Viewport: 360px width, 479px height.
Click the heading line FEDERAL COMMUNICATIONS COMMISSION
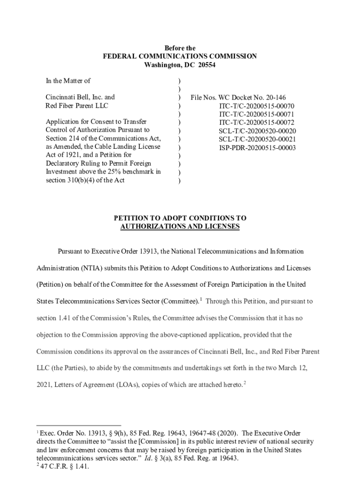point(180,57)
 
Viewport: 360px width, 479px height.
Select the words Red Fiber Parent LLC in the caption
point(77,106)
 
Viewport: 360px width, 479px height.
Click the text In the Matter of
point(68,81)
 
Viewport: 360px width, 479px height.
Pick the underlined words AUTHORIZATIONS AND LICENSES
point(180,226)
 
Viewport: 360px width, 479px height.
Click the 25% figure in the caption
point(118,172)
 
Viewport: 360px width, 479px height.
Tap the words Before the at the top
point(180,48)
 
